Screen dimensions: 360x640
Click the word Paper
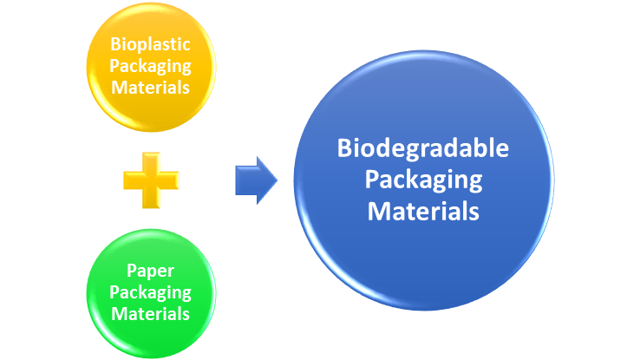(x=152, y=271)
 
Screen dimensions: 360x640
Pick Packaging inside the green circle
(x=152, y=292)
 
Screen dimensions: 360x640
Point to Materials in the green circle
(x=152, y=312)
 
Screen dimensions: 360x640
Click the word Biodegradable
(x=422, y=148)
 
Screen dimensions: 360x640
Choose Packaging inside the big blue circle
(x=422, y=180)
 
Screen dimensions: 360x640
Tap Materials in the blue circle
(x=422, y=210)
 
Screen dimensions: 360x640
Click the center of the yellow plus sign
(x=151, y=180)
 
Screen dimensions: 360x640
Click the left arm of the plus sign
(x=132, y=180)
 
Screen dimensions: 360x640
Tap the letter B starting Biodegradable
(x=343, y=148)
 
